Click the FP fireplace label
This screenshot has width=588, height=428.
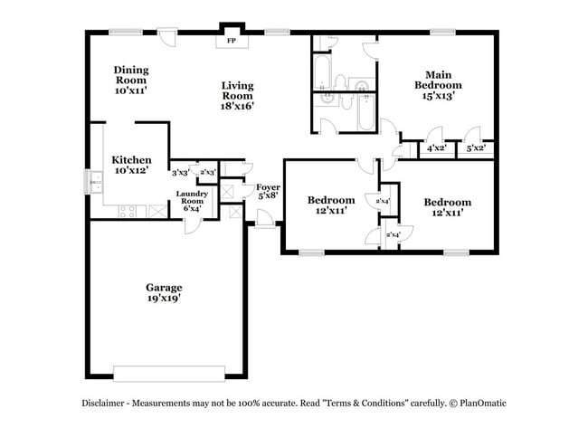230,41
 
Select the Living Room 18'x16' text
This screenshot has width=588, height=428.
238,95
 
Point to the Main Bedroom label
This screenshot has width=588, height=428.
433,84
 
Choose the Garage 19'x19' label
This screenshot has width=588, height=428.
164,293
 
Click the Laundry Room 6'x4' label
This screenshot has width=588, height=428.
192,201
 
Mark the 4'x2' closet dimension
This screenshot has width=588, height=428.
437,147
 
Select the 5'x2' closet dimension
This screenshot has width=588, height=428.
476,147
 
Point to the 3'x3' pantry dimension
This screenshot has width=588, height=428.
180,172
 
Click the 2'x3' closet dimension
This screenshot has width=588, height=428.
207,172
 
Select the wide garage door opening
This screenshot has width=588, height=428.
168,373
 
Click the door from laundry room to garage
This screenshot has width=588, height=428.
192,224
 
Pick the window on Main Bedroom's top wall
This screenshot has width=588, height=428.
442,33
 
